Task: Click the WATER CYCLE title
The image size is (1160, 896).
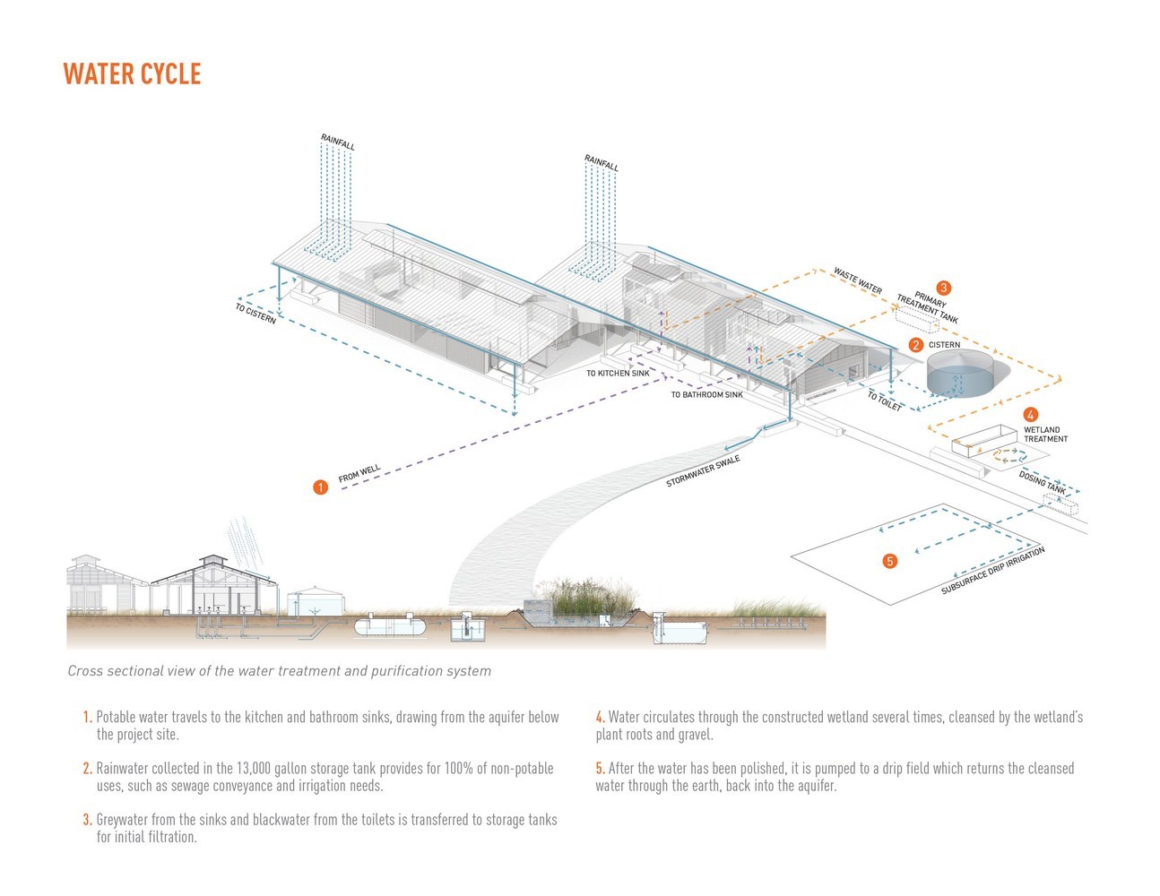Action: [132, 73]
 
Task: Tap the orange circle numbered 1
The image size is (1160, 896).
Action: [320, 487]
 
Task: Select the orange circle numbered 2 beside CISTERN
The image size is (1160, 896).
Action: [915, 344]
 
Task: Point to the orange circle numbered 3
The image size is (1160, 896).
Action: [943, 289]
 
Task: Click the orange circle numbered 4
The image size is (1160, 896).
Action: [1031, 415]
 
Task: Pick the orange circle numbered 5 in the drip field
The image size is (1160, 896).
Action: [889, 561]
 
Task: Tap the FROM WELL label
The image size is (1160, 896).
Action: [359, 474]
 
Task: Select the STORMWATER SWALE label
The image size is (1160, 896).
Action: [703, 471]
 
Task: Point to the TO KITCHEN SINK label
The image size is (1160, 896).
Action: [618, 373]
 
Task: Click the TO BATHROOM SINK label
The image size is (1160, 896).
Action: [706, 394]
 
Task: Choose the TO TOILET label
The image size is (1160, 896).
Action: [884, 401]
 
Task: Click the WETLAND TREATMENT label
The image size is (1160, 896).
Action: [1045, 435]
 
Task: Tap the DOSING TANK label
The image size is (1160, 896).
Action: [1042, 483]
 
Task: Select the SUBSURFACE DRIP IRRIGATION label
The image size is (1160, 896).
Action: [992, 572]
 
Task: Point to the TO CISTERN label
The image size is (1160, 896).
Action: [255, 314]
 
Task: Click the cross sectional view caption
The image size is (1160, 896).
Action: [279, 670]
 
